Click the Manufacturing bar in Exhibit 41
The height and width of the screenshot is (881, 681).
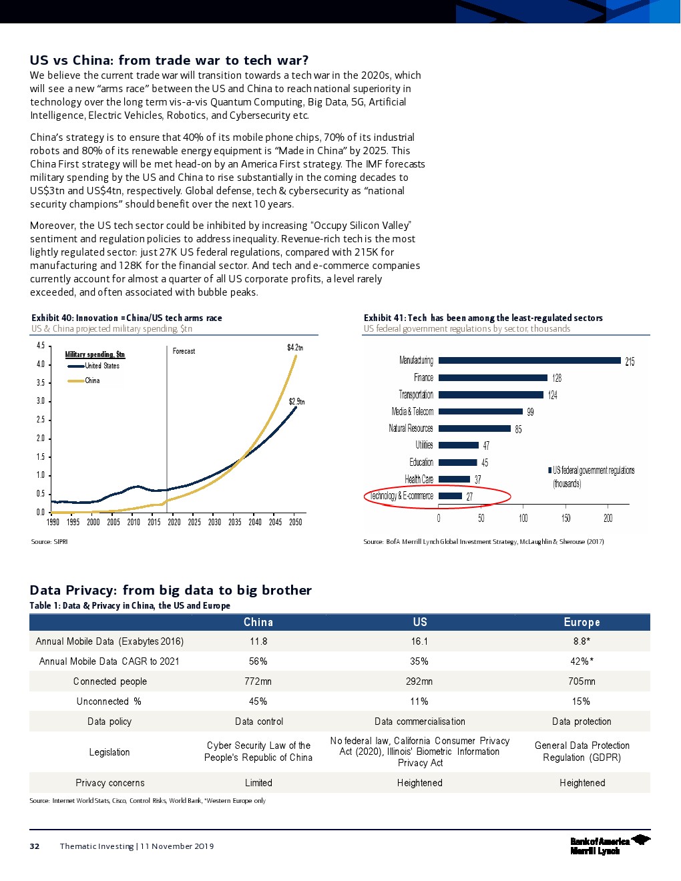click(x=529, y=360)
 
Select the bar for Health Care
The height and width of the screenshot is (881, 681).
click(x=455, y=479)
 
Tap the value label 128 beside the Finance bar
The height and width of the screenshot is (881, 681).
click(x=557, y=378)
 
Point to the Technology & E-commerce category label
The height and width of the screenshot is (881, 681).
click(x=401, y=496)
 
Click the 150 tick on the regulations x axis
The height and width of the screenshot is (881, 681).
click(x=565, y=519)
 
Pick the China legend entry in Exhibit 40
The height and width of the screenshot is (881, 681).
click(x=92, y=380)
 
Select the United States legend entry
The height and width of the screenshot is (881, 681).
click(x=101, y=366)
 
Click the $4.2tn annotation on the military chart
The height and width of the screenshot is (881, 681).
click(x=295, y=348)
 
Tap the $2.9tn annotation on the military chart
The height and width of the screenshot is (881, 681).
click(x=296, y=402)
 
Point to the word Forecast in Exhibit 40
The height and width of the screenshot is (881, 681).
click(x=184, y=351)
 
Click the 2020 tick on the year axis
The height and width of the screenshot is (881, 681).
click(x=174, y=523)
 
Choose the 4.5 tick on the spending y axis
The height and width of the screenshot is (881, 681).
click(x=41, y=346)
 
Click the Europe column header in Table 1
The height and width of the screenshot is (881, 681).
click(x=582, y=622)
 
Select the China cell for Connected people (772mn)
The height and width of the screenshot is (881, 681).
click(x=258, y=681)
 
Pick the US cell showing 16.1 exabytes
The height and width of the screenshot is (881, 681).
click(x=419, y=641)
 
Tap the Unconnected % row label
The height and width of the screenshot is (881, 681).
click(x=109, y=701)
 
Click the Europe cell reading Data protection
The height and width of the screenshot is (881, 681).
click(x=582, y=721)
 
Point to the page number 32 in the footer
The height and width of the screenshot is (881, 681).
click(x=35, y=846)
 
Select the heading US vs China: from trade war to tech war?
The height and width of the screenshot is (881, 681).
click(x=169, y=60)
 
